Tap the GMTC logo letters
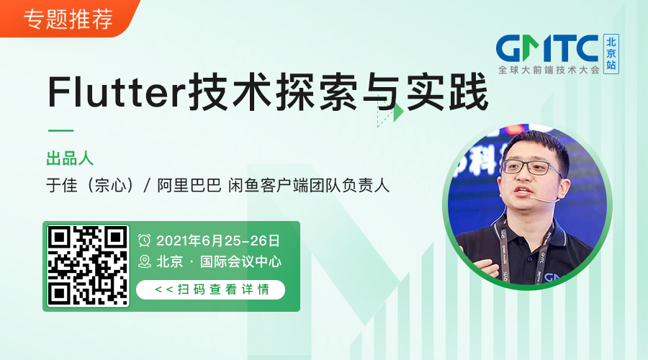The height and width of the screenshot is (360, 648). [x=548, y=49]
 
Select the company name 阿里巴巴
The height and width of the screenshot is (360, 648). [x=189, y=185]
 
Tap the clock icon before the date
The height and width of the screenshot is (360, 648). [x=145, y=240]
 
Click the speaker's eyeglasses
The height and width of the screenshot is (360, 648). [x=531, y=168]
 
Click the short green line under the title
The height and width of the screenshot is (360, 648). [x=60, y=131]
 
